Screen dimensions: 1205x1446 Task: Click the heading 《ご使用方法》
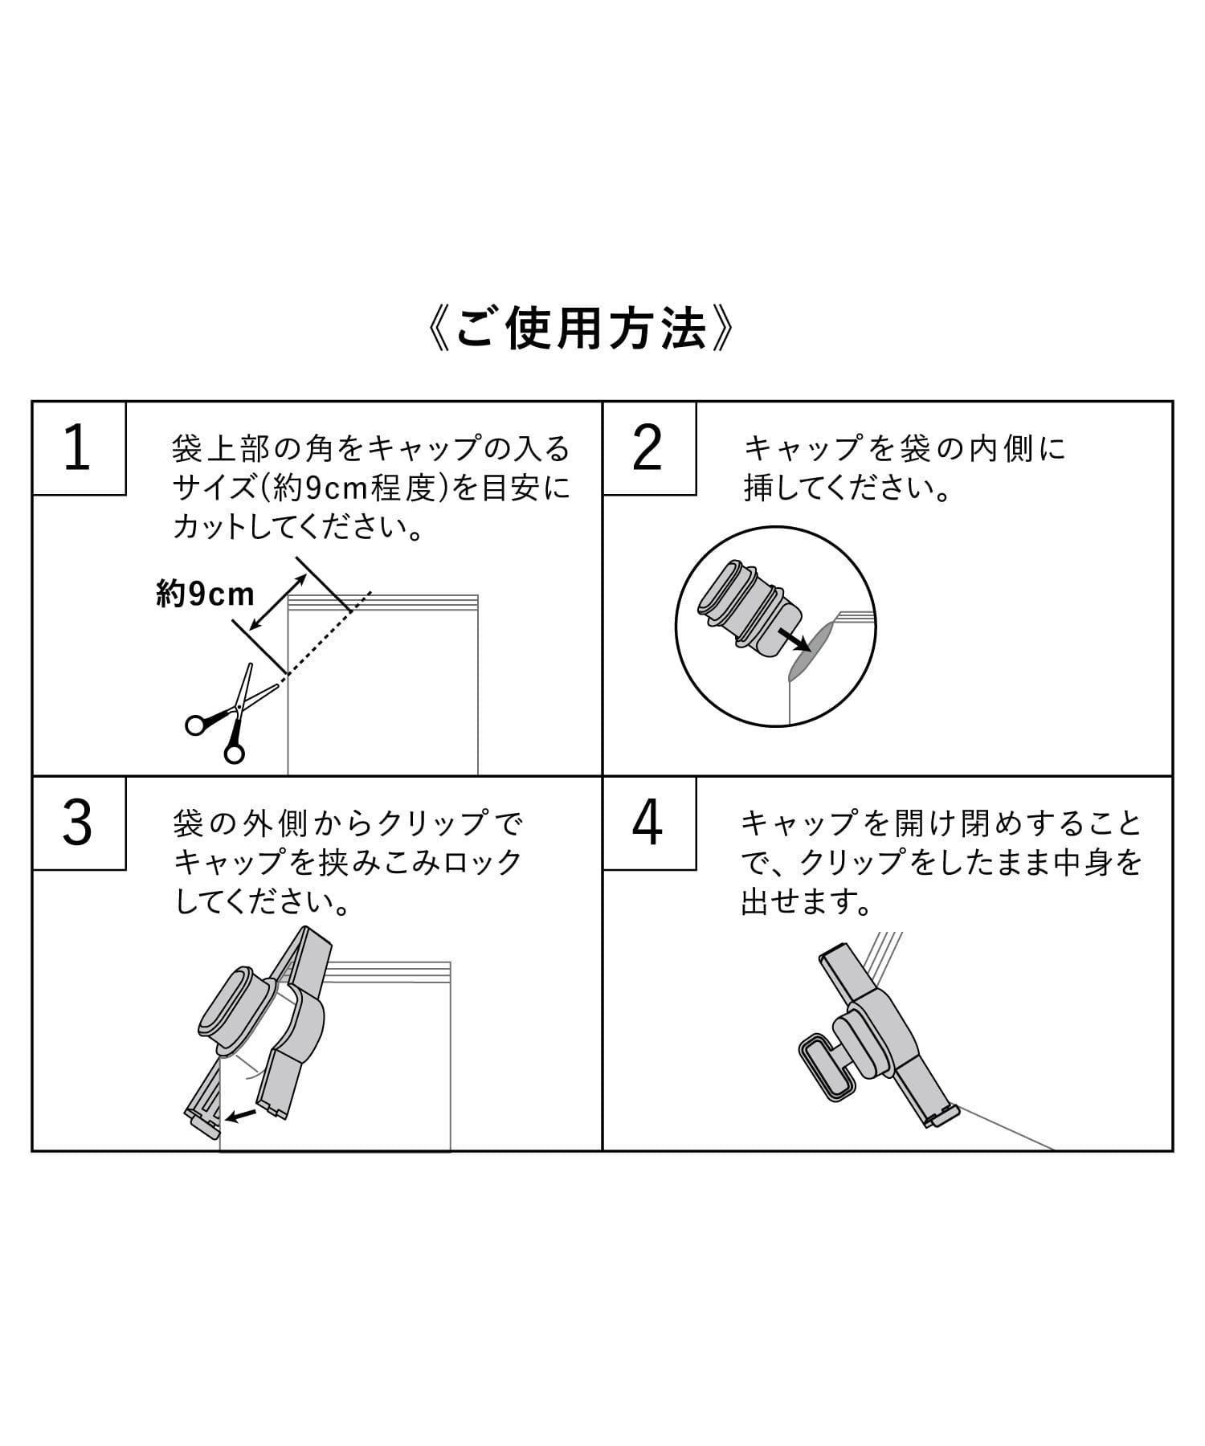pyautogui.click(x=582, y=329)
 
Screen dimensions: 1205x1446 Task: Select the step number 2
pyautogui.click(x=647, y=449)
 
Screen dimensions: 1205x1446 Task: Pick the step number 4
pyautogui.click(x=647, y=823)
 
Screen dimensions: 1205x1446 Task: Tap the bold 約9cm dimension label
pyautogui.click(x=206, y=594)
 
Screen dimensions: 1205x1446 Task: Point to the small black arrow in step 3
pyautogui.click(x=241, y=1114)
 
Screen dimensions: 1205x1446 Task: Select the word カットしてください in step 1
pyautogui.click(x=297, y=529)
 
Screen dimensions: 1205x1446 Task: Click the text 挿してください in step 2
pyautogui.click(x=847, y=488)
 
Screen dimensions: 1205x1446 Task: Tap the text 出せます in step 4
pyautogui.click(x=807, y=903)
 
